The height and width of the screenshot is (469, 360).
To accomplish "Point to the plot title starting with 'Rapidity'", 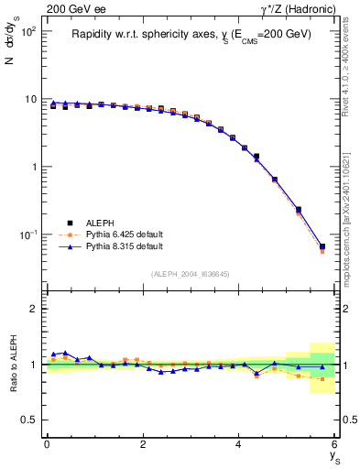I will pyautogui.click(x=191, y=35).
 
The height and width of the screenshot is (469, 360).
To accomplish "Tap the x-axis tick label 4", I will pyautogui.click(x=238, y=444).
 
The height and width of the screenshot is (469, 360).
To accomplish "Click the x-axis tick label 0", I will pyautogui.click(x=46, y=444).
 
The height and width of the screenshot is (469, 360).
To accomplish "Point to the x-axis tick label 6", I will pyautogui.click(x=334, y=444).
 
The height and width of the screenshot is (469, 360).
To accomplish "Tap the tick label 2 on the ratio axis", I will pyautogui.click(x=33, y=309).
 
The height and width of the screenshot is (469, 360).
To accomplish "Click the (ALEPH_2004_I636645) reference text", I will pyautogui.click(x=190, y=274).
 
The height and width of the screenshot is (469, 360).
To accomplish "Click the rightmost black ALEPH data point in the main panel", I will pyautogui.click(x=322, y=246).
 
